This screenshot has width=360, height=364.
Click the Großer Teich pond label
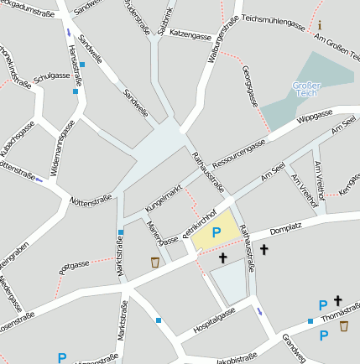coord(306,91)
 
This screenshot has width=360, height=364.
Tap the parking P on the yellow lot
coord(216,232)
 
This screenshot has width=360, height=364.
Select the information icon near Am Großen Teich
coord(319,25)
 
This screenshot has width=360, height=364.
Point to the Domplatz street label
coord(285,227)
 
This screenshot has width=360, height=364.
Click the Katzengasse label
coord(190,36)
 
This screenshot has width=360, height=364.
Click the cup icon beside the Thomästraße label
coord(344,326)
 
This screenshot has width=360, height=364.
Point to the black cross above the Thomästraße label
coord(338,300)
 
